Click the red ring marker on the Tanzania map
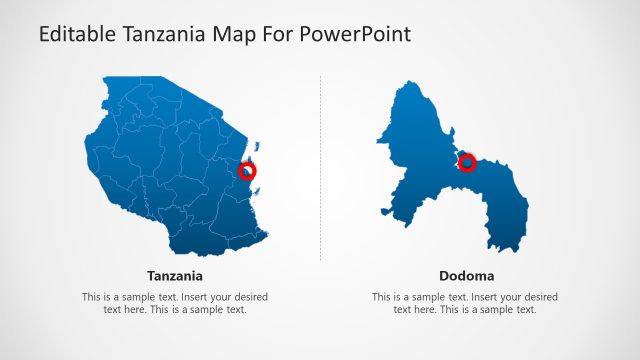247,171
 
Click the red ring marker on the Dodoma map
466,162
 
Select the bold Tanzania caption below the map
175,275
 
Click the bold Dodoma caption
466,275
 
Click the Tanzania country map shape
170,170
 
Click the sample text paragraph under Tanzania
175,303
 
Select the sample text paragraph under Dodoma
466,303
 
